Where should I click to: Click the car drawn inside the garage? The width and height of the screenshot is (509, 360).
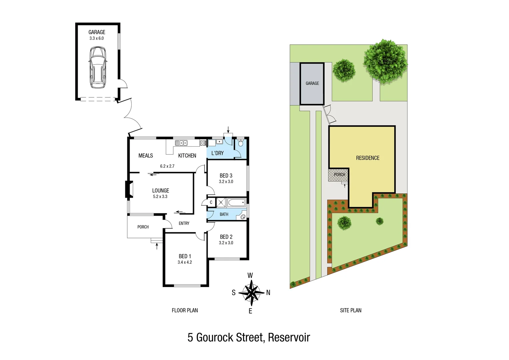click(x=97, y=67)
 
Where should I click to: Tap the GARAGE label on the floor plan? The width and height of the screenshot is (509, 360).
click(x=97, y=32)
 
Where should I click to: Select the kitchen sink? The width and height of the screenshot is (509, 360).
click(x=181, y=143)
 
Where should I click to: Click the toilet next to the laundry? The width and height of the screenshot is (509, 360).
click(x=241, y=143)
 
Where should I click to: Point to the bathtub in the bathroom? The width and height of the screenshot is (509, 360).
click(x=237, y=202)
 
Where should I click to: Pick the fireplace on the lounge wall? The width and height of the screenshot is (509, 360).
click(x=129, y=189)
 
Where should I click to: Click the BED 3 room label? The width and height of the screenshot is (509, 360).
click(x=226, y=176)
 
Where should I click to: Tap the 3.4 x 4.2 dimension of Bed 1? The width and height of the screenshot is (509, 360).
click(x=185, y=262)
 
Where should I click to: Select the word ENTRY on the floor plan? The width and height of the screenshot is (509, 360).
click(x=184, y=223)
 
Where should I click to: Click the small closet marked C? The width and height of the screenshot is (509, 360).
click(x=211, y=202)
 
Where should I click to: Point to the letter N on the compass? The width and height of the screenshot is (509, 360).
click(x=268, y=293)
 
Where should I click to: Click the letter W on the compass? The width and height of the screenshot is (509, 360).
click(x=250, y=275)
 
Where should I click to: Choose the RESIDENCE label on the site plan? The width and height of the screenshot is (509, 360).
click(x=368, y=158)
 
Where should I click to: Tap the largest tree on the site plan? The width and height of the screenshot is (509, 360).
click(x=385, y=62)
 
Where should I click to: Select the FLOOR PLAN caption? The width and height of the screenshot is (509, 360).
click(x=185, y=310)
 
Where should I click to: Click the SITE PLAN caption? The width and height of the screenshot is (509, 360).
click(x=351, y=310)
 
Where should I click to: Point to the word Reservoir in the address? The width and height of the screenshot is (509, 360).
click(x=289, y=337)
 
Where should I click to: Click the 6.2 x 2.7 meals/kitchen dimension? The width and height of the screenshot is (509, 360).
click(x=167, y=166)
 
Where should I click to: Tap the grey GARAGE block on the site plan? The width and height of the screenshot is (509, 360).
click(x=312, y=84)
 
